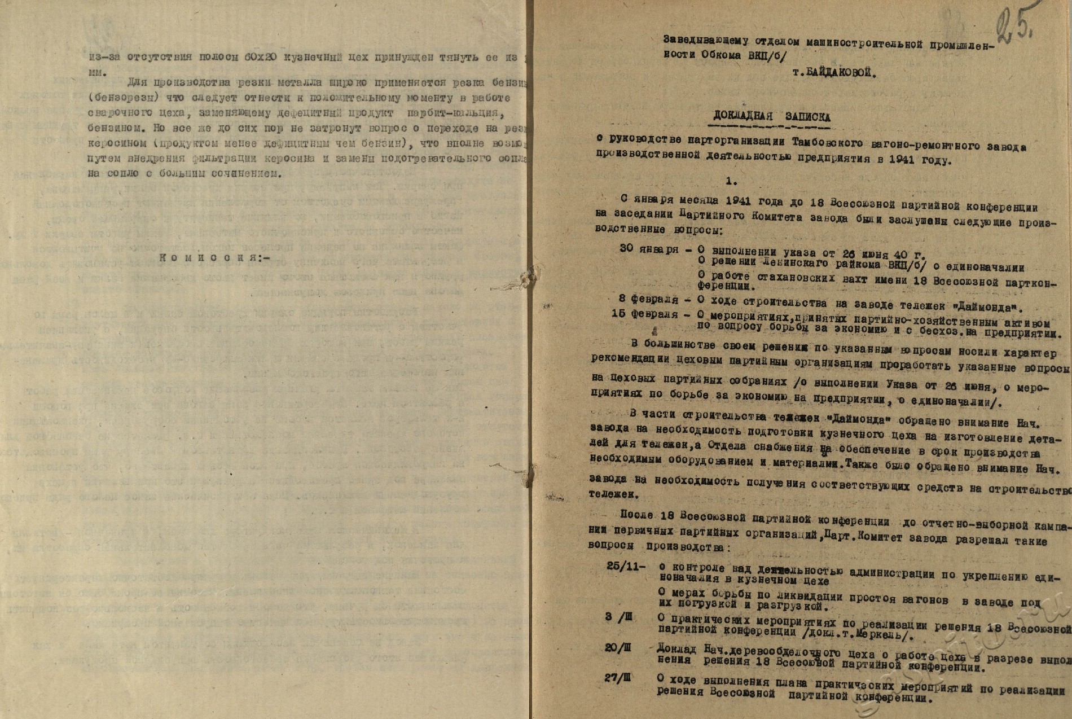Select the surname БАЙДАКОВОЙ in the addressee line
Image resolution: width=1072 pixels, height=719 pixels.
pos(832,74)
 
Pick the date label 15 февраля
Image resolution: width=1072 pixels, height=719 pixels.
pos(644,315)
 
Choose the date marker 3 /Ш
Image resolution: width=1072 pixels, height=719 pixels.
pos(617,617)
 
